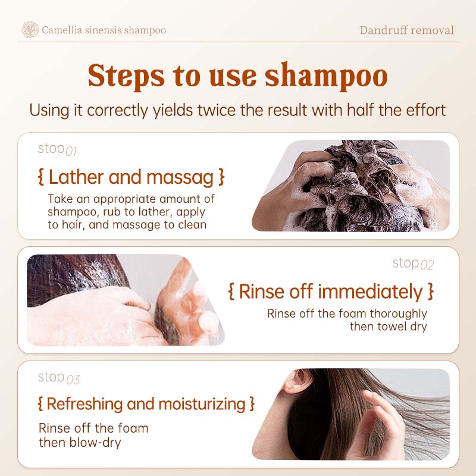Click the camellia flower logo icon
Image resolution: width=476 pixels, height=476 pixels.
tap(30, 30)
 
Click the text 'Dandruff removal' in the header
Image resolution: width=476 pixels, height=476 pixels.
tap(406, 30)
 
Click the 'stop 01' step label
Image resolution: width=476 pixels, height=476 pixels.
tap(58, 149)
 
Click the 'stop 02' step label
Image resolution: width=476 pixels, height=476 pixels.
tap(413, 264)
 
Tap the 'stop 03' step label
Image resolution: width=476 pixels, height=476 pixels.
tap(58, 378)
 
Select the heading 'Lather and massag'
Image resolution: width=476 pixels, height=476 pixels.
tap(131, 177)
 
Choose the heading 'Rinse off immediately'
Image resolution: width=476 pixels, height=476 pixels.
tap(330, 292)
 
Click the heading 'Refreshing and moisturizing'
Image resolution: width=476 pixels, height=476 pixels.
tap(146, 404)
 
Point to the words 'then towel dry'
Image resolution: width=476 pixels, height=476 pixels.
tap(388, 327)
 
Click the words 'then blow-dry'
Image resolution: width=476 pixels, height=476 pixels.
tap(80, 442)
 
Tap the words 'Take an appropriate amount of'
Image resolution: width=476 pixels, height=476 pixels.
tap(131, 199)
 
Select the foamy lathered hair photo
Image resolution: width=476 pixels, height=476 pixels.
tap(351, 186)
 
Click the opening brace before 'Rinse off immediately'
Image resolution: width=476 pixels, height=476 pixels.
tap(232, 292)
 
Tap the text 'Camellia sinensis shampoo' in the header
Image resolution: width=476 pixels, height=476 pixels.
tap(104, 30)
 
